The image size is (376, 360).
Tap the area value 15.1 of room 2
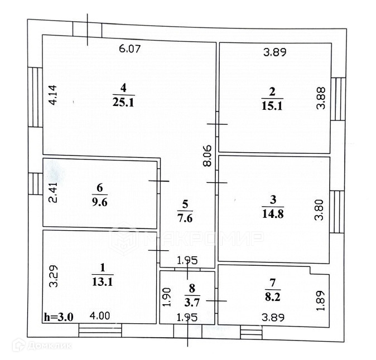[x=272, y=105]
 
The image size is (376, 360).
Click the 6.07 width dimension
[x=129, y=49]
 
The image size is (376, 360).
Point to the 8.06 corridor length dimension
[x=206, y=155]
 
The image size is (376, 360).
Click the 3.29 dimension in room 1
[x=52, y=277]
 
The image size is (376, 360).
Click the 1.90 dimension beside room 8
[x=166, y=297]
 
